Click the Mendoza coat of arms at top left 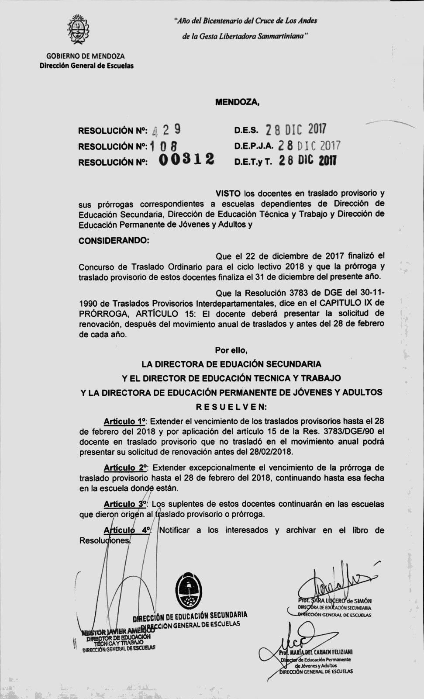click(x=78, y=31)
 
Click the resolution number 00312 click(x=187, y=160)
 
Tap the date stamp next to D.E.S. click(x=296, y=129)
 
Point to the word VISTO click(x=228, y=193)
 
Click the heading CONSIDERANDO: click(x=114, y=241)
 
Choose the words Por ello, click(x=231, y=350)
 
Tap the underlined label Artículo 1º click(x=124, y=422)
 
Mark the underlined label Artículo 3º click(x=125, y=504)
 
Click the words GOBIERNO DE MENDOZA click(x=86, y=56)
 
